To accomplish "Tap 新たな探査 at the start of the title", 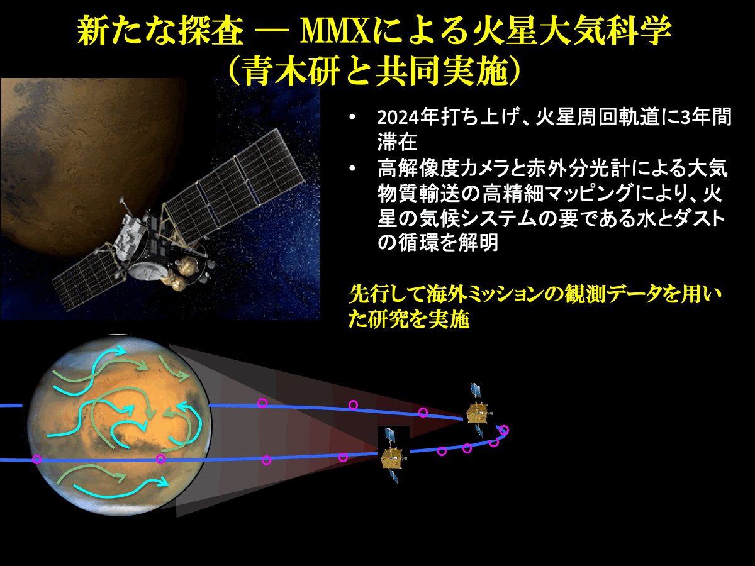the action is coord(160,31).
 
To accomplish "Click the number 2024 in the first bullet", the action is coord(398,118).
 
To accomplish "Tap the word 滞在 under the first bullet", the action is coord(397,141).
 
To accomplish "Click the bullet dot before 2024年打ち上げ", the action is coord(352,117).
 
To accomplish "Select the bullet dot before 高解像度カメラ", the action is coord(352,169).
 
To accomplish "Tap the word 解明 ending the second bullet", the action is coord(478,243).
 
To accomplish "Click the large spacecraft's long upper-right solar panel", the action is coord(235,183).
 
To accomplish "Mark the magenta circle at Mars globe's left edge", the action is coord(36,459).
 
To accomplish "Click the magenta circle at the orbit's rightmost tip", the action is coord(504,430).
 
